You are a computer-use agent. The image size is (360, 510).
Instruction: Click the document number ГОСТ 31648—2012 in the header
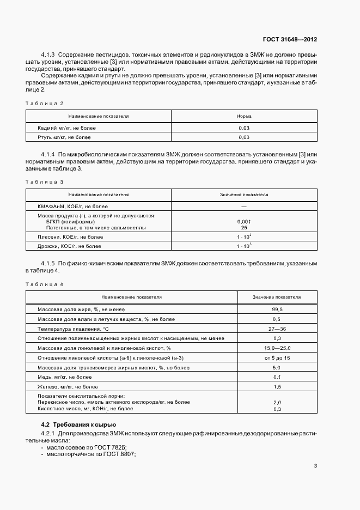(x=289, y=40)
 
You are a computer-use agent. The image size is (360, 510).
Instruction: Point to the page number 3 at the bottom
(x=316, y=466)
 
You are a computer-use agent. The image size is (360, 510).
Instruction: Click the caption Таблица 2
(x=45, y=103)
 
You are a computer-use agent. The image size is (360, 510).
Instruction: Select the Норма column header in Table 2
(x=243, y=116)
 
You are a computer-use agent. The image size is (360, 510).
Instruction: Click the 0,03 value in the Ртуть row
(x=243, y=137)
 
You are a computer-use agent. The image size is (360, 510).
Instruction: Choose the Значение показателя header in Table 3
(x=243, y=195)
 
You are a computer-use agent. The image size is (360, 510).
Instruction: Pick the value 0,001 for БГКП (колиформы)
(x=244, y=222)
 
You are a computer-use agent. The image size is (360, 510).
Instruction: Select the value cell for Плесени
(x=243, y=237)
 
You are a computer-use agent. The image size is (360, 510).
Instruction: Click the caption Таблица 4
(x=45, y=284)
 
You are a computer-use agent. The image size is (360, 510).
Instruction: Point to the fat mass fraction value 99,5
(x=277, y=309)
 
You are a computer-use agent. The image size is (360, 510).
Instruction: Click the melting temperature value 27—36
(x=277, y=329)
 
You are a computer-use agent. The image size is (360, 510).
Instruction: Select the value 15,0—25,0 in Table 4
(x=277, y=348)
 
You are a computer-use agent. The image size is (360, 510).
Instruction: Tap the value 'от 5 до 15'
(x=277, y=358)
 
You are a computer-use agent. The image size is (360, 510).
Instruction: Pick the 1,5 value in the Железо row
(x=277, y=386)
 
